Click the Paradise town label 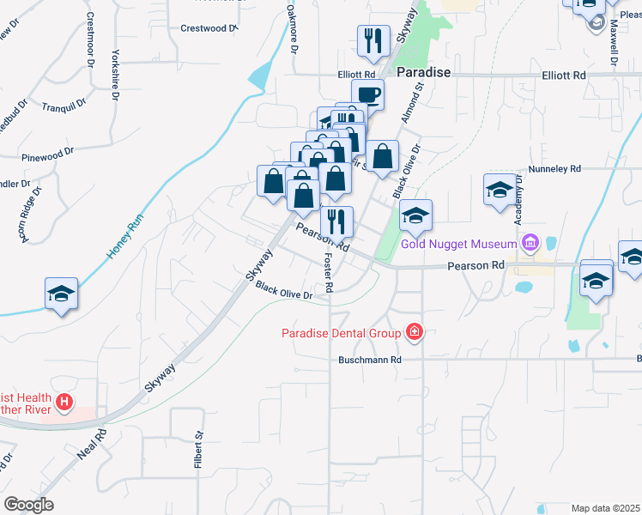coord(423,72)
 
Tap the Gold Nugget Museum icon coord(530,245)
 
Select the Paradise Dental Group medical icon coord(415,332)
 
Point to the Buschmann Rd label coord(370,360)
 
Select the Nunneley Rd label coord(555,169)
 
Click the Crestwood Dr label coord(209,28)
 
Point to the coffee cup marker coord(367,94)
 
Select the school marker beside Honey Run coord(62,294)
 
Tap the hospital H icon coord(64,401)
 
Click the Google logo coord(28,505)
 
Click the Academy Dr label coord(518,206)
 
